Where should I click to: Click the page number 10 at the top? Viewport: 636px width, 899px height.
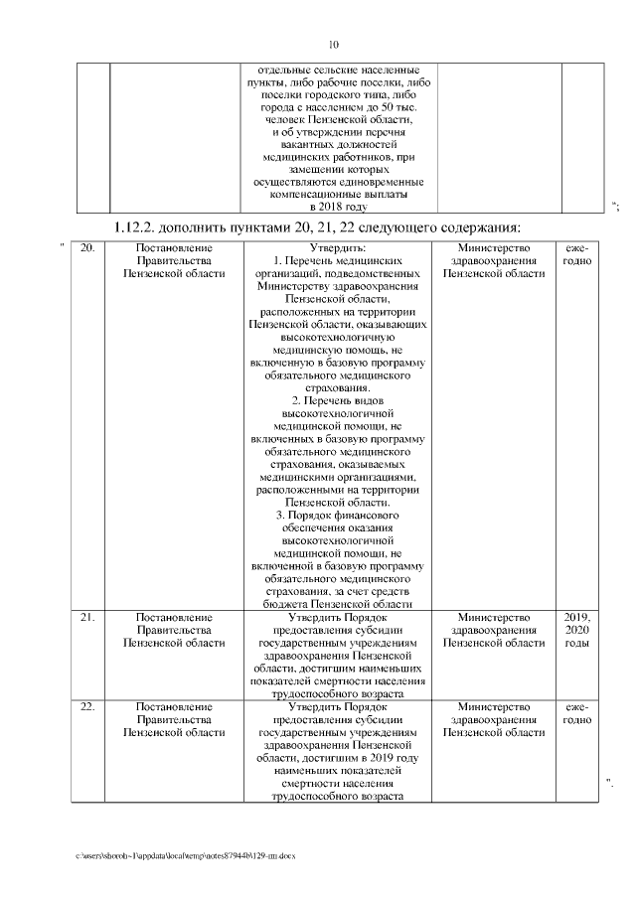pos(334,45)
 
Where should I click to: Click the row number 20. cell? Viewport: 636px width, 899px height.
pos(87,247)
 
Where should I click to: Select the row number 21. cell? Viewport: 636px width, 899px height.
pos(87,618)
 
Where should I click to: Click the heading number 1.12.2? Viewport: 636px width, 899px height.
pos(139,227)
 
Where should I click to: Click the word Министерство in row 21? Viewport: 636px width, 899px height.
pos(493,618)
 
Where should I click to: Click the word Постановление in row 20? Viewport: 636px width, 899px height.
pos(173,247)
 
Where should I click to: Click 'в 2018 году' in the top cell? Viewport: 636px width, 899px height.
pos(339,207)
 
